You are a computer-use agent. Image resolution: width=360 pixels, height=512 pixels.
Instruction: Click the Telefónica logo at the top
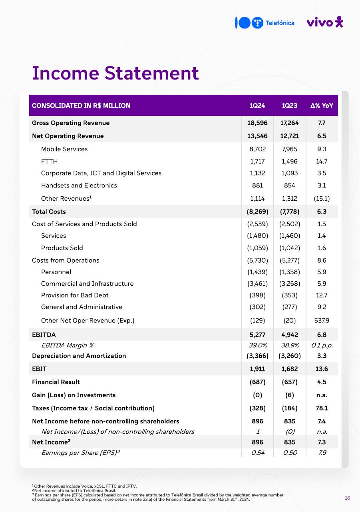click(x=265, y=23)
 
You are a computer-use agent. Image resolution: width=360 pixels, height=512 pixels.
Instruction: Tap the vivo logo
click(x=324, y=22)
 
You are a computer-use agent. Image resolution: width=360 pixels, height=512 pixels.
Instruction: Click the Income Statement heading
click(x=115, y=73)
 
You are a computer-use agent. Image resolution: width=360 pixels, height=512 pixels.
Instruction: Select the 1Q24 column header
click(x=257, y=106)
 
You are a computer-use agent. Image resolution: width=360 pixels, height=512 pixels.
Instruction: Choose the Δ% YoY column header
click(x=322, y=106)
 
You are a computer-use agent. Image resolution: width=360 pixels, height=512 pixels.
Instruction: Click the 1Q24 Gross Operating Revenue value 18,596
click(x=257, y=123)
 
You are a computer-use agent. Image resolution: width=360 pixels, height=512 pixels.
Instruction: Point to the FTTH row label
click(x=49, y=161)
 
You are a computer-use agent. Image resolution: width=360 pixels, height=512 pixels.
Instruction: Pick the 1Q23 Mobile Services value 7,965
click(x=290, y=149)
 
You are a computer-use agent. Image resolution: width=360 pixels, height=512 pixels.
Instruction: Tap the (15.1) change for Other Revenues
click(x=322, y=199)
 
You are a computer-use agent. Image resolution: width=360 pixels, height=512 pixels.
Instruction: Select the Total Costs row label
click(x=49, y=211)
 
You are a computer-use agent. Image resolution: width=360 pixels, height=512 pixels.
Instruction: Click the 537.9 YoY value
click(x=322, y=321)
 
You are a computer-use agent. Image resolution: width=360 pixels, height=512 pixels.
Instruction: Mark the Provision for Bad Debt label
click(x=75, y=295)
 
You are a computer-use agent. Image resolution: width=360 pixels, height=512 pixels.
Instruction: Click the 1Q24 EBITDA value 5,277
click(x=257, y=335)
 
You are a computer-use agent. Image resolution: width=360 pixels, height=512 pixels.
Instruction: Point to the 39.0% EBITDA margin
click(x=257, y=345)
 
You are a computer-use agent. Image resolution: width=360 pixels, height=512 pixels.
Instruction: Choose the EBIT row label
click(x=39, y=369)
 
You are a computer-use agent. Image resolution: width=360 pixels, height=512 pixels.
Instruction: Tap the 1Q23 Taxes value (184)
click(x=290, y=408)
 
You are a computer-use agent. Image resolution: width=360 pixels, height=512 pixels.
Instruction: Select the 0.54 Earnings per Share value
click(x=257, y=453)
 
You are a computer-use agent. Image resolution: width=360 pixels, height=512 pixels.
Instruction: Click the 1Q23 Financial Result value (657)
click(x=290, y=382)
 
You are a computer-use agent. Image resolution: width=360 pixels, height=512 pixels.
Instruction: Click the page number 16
click(x=347, y=498)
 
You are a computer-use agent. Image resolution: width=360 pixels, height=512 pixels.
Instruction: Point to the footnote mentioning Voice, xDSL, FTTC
click(x=84, y=486)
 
